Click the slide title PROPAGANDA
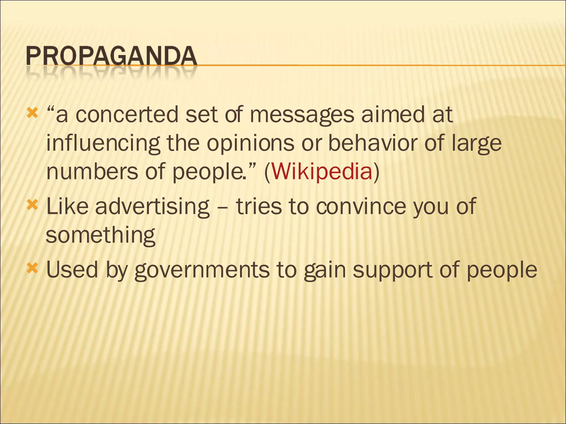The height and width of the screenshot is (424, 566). (111, 56)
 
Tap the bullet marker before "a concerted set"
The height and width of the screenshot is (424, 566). (32, 113)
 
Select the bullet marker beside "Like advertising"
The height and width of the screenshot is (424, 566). (32, 205)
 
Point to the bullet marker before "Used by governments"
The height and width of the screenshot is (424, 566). (32, 268)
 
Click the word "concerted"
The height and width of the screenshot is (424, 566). (127, 114)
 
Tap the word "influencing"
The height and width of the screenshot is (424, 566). (103, 144)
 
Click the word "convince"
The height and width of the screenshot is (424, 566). (361, 206)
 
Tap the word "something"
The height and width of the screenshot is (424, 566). (100, 235)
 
